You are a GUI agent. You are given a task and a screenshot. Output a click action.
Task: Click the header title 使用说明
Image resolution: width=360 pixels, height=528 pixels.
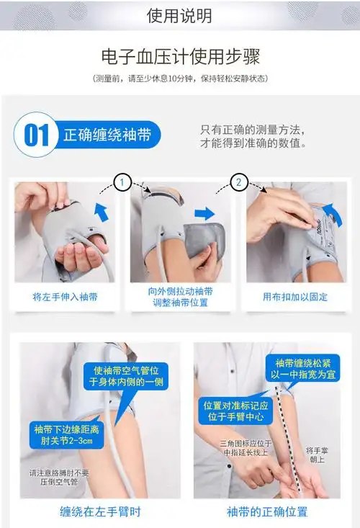[x=179, y=15]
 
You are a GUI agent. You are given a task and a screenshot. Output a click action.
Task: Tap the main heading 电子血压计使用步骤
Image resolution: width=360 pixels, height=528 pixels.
[x=179, y=56]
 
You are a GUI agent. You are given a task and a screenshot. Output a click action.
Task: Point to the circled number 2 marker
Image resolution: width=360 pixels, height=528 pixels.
[x=238, y=183]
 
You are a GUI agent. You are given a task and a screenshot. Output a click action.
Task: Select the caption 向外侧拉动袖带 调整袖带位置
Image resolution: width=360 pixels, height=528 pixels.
[x=180, y=297]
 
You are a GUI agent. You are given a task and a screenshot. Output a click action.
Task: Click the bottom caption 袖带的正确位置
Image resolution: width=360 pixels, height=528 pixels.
[x=267, y=512]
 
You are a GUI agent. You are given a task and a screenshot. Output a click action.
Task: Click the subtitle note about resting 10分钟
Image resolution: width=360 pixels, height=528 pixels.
[x=179, y=79]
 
